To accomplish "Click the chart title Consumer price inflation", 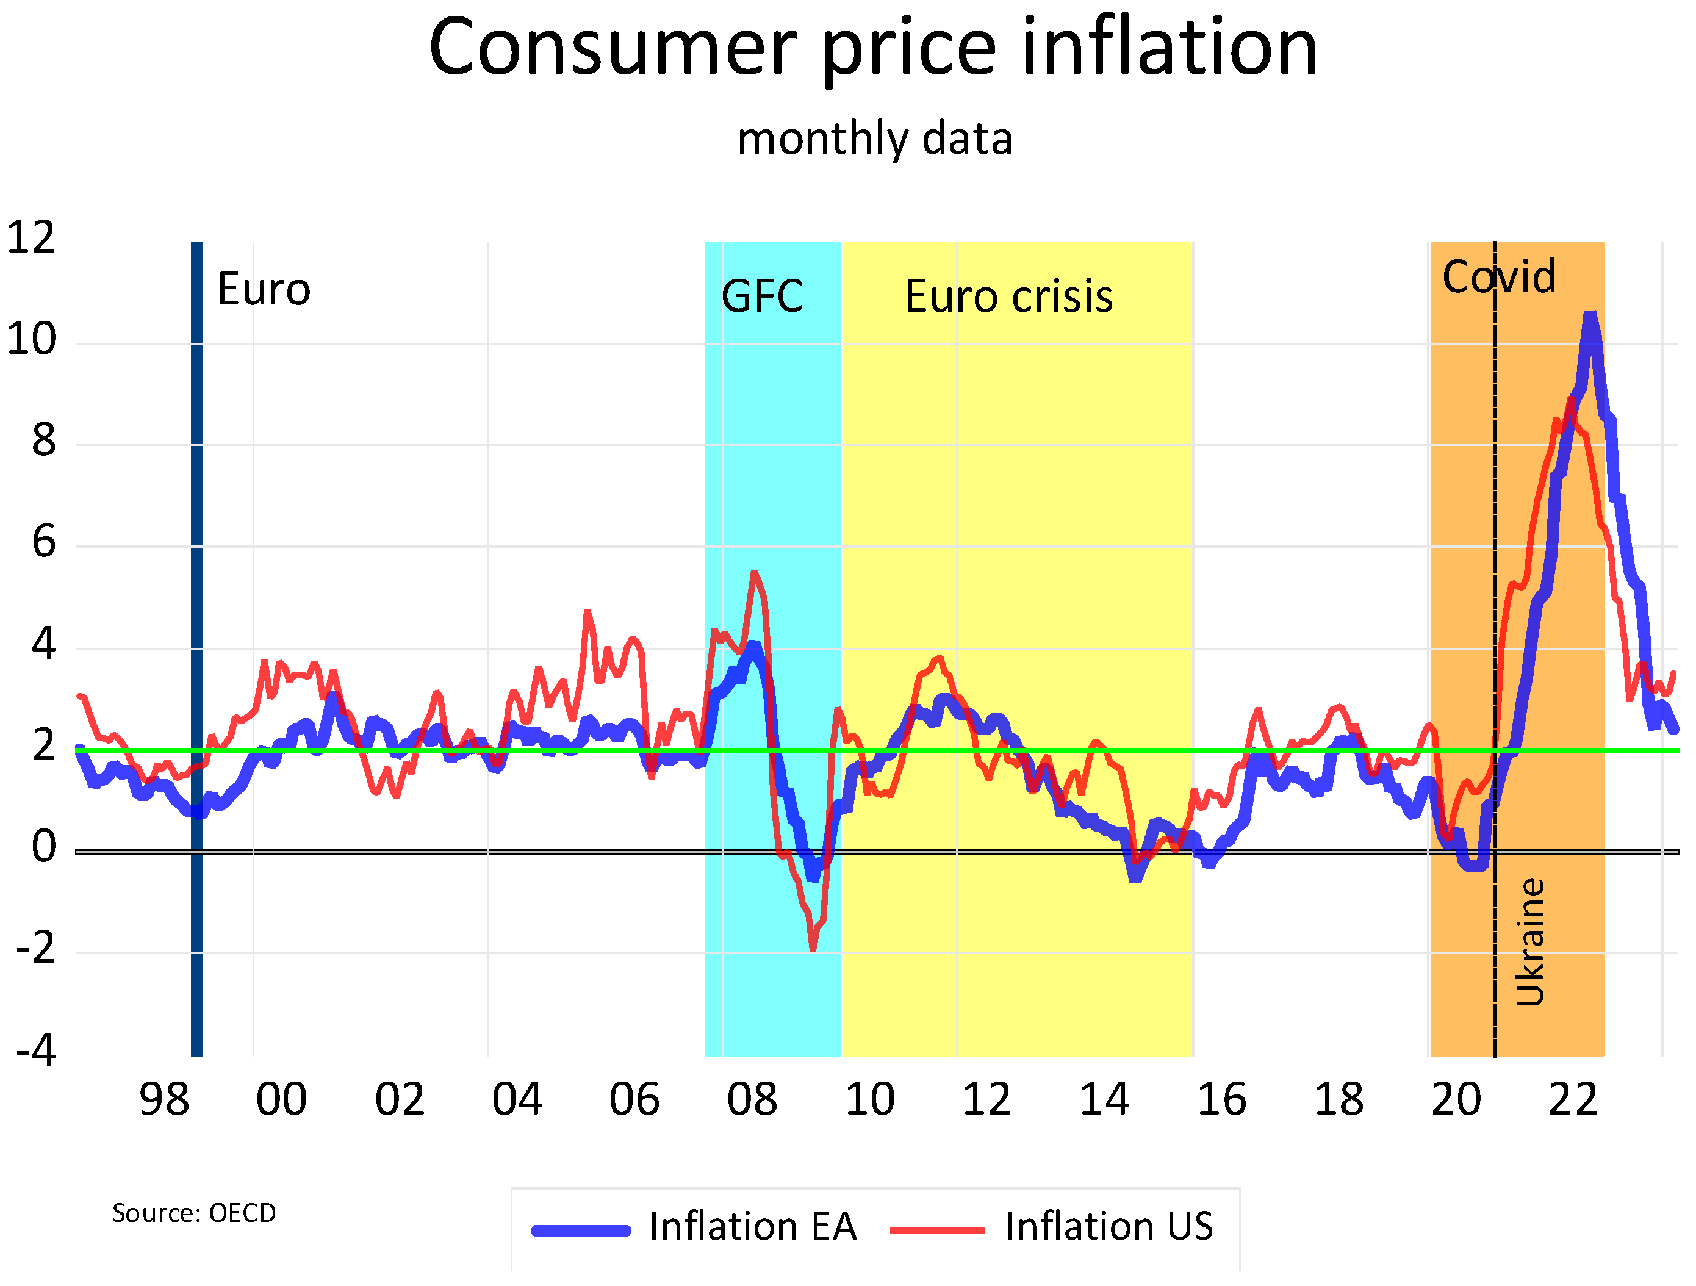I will pos(872,48).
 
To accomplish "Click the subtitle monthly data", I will pos(874,139).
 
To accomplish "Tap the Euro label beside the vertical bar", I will pos(264,290).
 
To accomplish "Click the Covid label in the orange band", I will pos(1498,277).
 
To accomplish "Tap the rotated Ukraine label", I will pos(1529,942).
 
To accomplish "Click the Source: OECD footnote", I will pos(194,1213).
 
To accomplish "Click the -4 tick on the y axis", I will pos(36,1050).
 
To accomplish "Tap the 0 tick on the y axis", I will pos(44,847).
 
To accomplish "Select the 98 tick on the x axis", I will pos(163,1100).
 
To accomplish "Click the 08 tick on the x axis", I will pos(752,1100).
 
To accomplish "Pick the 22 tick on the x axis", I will pos(1573,1100).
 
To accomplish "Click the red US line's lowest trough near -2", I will pos(813,949).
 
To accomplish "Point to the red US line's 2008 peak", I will pos(755,573).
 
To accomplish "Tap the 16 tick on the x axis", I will pos(1221,1100).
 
